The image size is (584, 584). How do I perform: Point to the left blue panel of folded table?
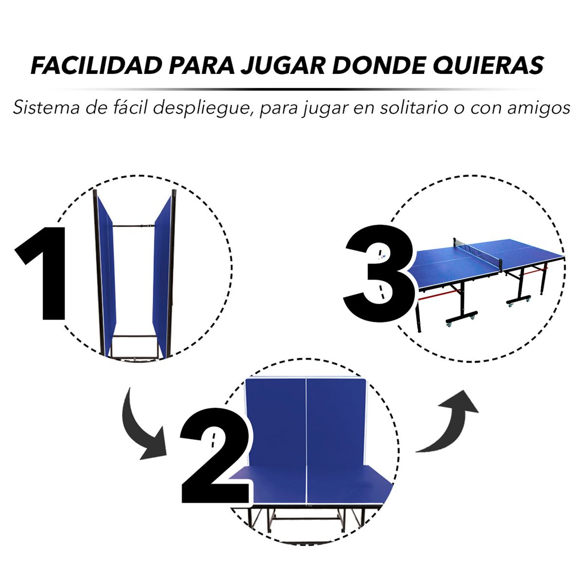coord(106,273)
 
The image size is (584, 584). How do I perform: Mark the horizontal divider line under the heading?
coord(292,90)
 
